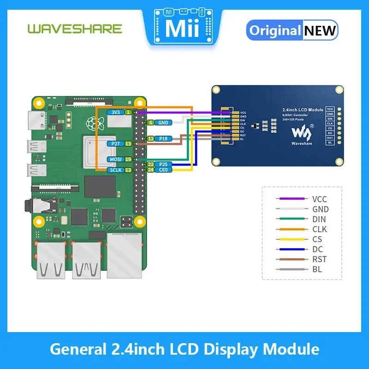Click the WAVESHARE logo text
(x=75, y=29)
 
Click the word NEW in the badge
(x=320, y=30)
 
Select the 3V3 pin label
(x=114, y=112)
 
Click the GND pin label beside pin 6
(x=163, y=123)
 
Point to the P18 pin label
(x=163, y=138)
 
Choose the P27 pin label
(x=116, y=144)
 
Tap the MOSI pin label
(x=115, y=159)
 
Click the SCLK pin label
(x=115, y=170)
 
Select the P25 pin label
(x=163, y=164)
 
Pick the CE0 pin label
(x=163, y=170)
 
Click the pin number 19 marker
(x=128, y=159)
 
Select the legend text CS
(x=317, y=239)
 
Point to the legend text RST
(x=319, y=259)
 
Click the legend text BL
(x=317, y=269)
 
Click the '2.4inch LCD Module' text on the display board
(x=303, y=110)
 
